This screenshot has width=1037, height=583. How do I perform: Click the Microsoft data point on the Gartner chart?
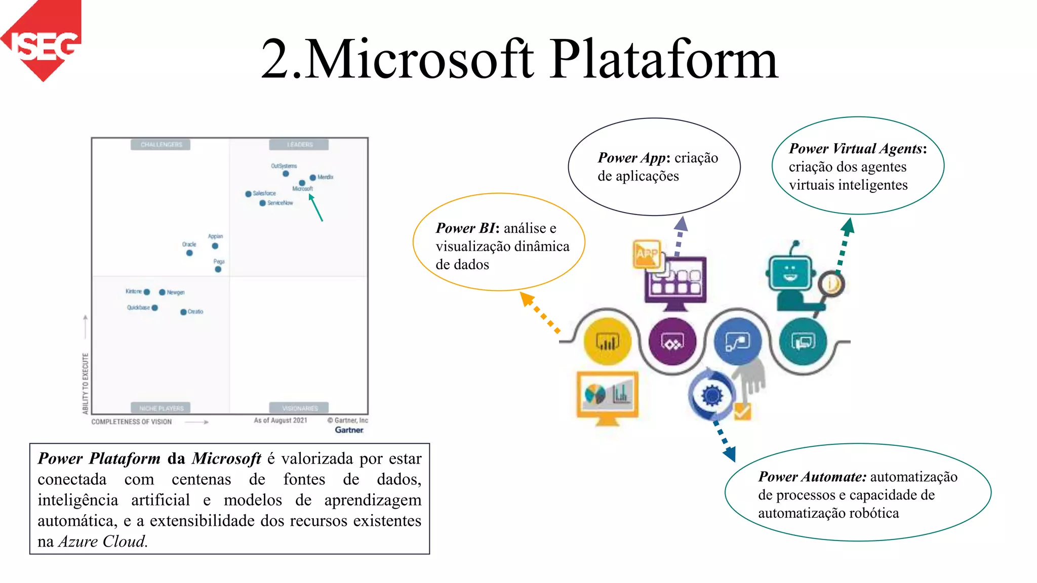point(302,183)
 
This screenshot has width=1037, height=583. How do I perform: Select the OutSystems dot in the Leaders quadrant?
point(286,174)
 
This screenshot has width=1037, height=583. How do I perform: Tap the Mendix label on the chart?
point(325,177)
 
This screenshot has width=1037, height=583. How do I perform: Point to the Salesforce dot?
point(248,194)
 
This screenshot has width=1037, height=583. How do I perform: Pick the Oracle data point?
point(189,253)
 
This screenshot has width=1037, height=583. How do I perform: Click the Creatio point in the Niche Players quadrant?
point(183,312)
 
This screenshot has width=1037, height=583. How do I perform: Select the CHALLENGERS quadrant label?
point(161,145)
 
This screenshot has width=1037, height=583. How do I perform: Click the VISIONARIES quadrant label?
point(299,408)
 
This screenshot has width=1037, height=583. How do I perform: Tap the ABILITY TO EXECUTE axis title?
point(86,383)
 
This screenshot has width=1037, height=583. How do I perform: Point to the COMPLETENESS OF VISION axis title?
point(132,422)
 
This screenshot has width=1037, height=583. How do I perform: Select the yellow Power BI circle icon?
point(607,342)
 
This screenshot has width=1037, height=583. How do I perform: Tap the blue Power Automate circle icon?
point(737,342)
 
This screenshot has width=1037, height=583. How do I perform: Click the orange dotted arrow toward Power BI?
point(540,312)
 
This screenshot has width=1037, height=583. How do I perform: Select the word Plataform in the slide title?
point(664,60)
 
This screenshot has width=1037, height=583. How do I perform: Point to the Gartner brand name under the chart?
point(349,430)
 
